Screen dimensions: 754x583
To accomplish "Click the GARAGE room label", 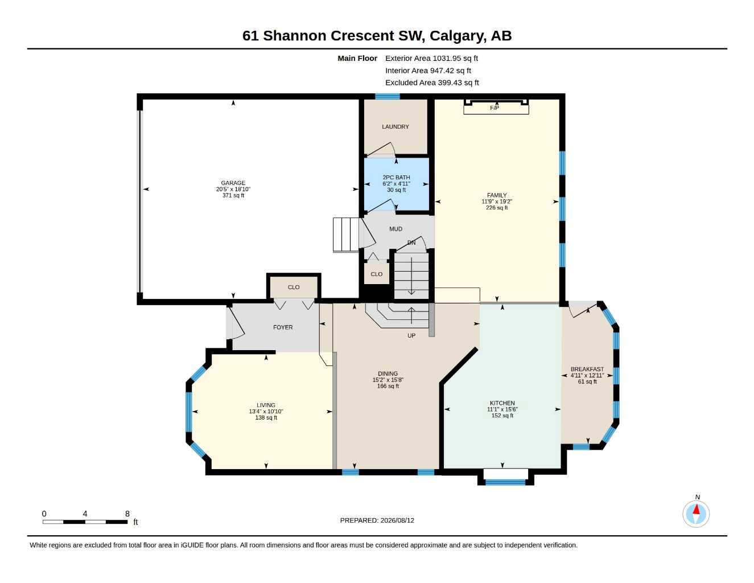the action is (233, 183).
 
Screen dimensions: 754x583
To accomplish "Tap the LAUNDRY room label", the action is (395, 126).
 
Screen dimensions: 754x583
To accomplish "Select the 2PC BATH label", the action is (396, 177).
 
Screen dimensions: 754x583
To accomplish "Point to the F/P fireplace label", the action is (495, 108).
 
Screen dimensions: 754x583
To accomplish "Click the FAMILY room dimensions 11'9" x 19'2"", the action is (497, 202).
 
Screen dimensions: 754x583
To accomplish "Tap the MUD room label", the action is (395, 229).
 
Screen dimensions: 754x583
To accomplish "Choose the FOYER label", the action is (283, 327).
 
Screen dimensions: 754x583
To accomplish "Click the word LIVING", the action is (266, 405).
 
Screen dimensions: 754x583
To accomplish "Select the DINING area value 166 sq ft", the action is (388, 386).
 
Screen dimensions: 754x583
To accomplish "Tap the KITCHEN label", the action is (502, 403).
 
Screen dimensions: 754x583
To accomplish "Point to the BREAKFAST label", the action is (587, 369).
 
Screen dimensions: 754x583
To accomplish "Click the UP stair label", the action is (411, 335).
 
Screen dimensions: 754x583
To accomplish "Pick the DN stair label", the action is (411, 243).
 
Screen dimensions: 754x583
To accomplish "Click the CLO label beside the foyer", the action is (294, 287).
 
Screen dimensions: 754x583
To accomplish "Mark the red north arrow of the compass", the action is (696, 510).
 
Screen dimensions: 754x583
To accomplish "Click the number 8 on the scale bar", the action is (127, 514).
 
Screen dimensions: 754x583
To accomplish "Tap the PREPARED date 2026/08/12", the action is (397, 520).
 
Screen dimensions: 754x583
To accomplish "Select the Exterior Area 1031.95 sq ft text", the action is (431, 58).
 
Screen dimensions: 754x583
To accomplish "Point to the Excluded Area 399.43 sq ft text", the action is (432, 83).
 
